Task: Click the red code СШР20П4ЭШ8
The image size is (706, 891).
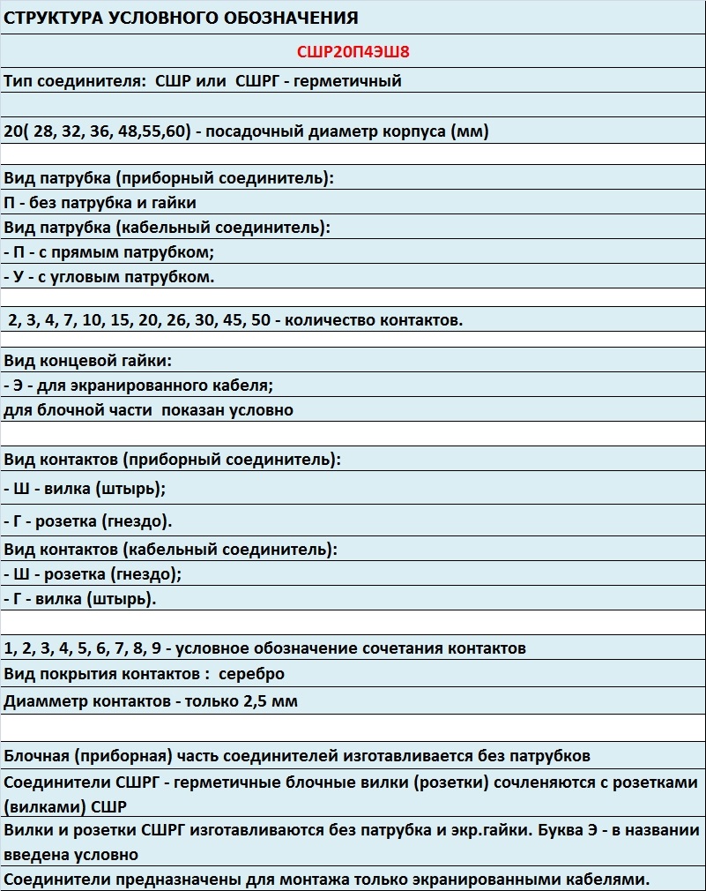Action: pyautogui.click(x=353, y=52)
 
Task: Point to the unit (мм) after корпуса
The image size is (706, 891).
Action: pyautogui.click(x=467, y=132)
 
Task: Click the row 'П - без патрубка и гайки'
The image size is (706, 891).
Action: pyautogui.click(x=100, y=203)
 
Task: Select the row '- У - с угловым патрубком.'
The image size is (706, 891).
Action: pyautogui.click(x=109, y=276)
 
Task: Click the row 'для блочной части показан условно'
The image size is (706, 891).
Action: pyautogui.click(x=148, y=410)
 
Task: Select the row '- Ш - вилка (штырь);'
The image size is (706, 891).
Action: pyautogui.click(x=85, y=488)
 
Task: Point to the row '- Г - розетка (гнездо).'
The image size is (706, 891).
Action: pyautogui.click(x=88, y=520)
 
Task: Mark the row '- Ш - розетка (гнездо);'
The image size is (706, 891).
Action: pyautogui.click(x=93, y=574)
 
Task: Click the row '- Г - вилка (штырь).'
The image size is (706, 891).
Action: pyautogui.click(x=80, y=599)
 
